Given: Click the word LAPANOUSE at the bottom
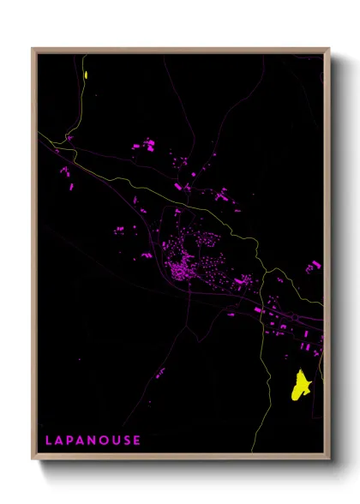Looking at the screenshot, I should click(93, 441).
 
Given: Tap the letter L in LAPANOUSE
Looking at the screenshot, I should click(49, 441).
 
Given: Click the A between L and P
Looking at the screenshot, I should click(60, 441).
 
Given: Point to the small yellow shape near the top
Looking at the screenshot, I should click(87, 74).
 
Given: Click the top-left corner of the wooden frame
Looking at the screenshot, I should click(33, 49).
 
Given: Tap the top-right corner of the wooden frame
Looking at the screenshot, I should click(329, 49).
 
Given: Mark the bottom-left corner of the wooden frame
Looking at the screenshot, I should click(33, 459).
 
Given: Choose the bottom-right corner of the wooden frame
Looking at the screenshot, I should click(329, 459).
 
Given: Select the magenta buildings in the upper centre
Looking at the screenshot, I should click(143, 146).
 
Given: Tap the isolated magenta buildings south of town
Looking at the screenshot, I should click(160, 372).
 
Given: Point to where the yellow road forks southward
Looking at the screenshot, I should click(264, 274).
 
